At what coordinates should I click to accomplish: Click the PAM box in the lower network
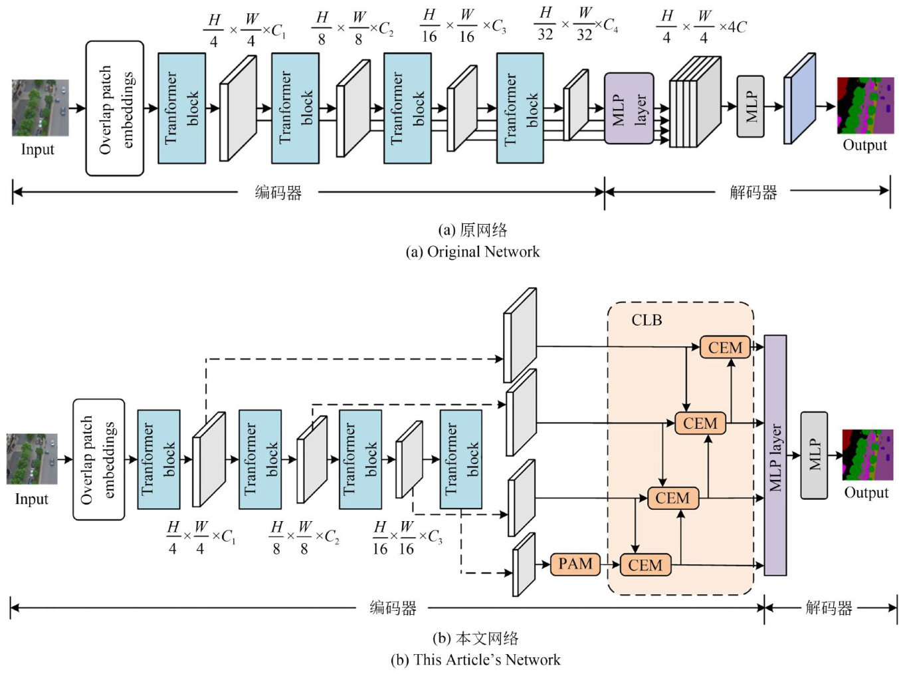[575, 564]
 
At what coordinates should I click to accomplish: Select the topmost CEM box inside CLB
[724, 348]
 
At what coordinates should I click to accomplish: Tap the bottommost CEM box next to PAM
[645, 565]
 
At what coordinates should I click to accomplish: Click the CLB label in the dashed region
[647, 320]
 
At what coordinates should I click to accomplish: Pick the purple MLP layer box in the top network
[629, 108]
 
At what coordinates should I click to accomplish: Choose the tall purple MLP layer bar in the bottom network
[775, 455]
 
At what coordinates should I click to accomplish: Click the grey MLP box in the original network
[750, 106]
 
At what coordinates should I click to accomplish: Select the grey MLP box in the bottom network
[814, 455]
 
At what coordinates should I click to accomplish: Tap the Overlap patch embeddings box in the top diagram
[115, 108]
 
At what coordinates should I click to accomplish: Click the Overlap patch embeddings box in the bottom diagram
[98, 459]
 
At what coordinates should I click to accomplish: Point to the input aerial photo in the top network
[40, 108]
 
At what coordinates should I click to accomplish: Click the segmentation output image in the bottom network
[868, 455]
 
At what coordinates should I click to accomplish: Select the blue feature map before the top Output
[799, 98]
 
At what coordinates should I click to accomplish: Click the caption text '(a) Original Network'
[472, 252]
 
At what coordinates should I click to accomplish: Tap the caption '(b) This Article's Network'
[475, 660]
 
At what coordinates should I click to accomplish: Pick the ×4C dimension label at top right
[733, 27]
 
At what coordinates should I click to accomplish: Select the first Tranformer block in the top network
[181, 108]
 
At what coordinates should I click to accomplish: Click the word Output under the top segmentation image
[864, 145]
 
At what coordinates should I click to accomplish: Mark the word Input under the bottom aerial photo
[31, 499]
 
